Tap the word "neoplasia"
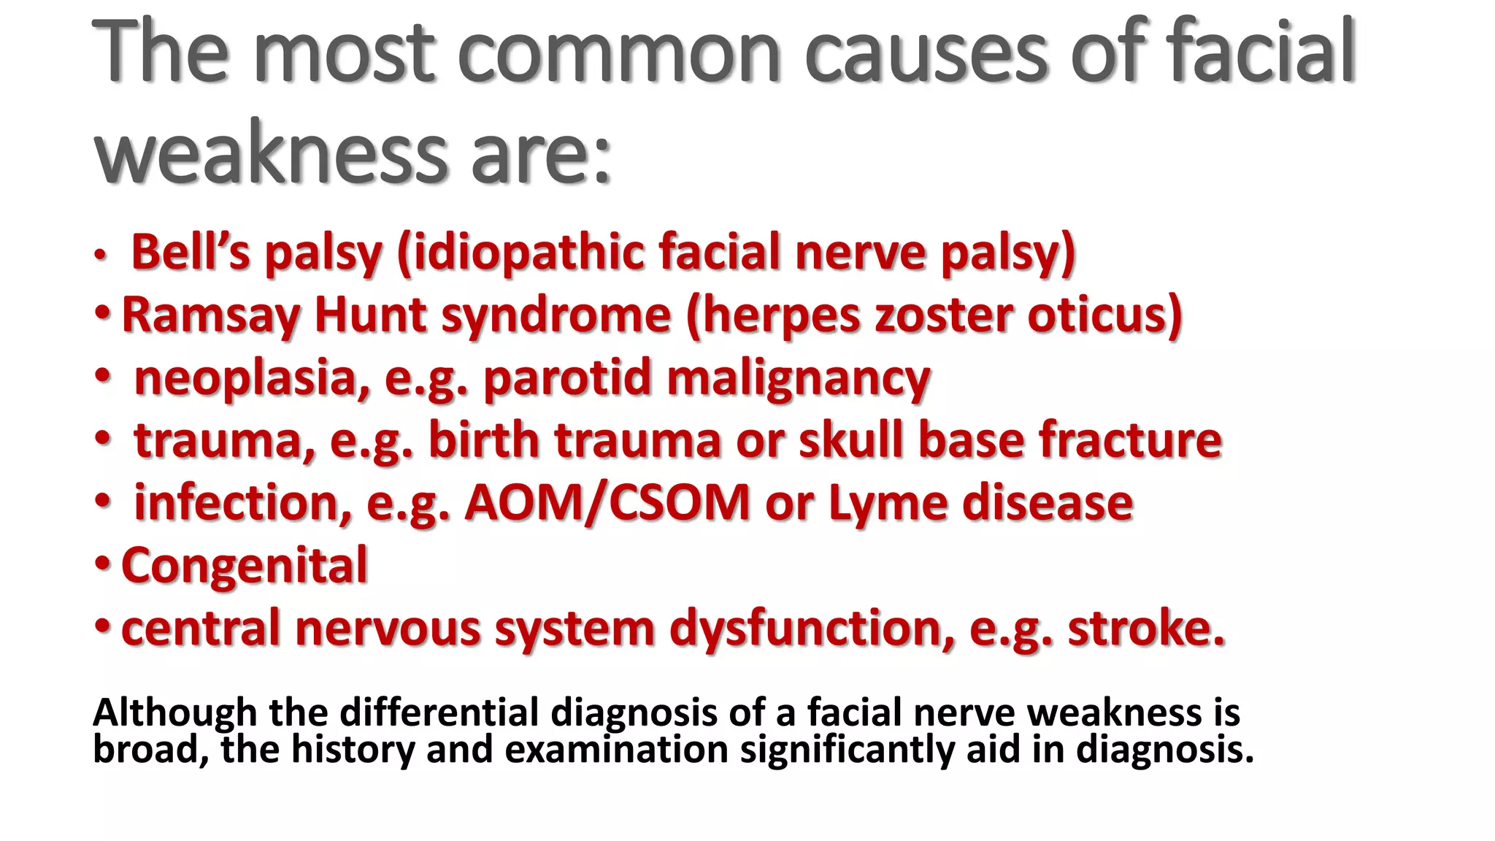tap(245, 379)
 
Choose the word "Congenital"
tap(245, 567)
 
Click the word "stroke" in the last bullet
tap(1146, 629)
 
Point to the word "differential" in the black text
tap(439, 713)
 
